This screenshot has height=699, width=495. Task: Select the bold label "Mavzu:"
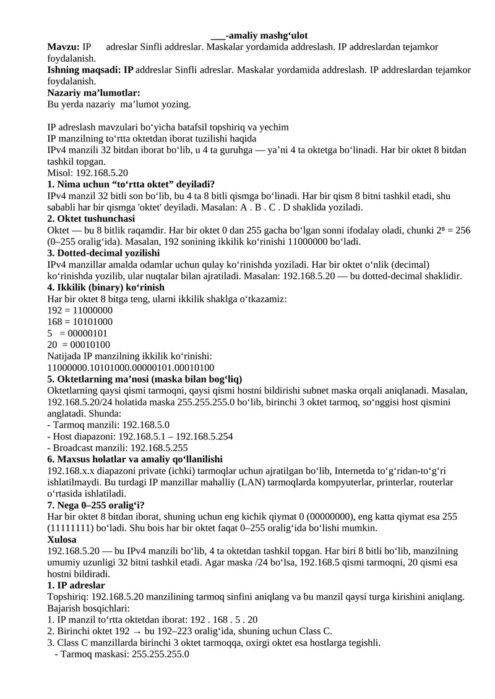(64, 47)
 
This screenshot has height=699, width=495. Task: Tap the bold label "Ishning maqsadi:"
(90, 70)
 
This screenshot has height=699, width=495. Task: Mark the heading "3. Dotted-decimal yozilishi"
(104, 253)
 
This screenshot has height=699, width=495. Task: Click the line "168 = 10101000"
(80, 322)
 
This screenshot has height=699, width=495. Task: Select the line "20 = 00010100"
(79, 345)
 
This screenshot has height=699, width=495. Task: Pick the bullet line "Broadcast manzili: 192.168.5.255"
(118, 447)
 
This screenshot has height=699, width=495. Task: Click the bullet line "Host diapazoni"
(140, 436)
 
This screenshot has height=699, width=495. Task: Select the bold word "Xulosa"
(62, 540)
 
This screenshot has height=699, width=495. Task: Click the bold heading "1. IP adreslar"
(76, 585)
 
